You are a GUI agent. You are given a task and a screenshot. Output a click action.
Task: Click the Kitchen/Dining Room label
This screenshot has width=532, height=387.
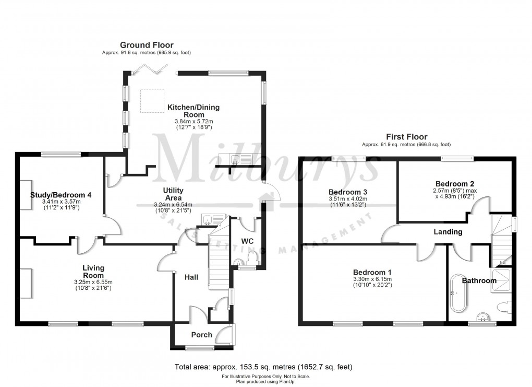[x=194, y=111]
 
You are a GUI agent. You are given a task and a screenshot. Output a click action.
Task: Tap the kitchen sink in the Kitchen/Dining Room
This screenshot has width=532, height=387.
[x=241, y=160]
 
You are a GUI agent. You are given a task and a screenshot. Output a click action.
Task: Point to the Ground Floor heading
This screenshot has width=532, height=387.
[x=147, y=45]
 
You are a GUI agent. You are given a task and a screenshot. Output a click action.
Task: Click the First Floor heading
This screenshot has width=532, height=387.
[x=407, y=136]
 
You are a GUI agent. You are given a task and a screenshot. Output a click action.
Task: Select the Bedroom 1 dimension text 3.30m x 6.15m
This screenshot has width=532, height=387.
[x=372, y=279]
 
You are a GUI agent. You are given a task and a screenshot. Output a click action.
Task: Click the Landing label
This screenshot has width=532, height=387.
[x=448, y=231]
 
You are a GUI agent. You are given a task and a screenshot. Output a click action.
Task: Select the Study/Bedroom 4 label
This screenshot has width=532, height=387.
[x=61, y=195]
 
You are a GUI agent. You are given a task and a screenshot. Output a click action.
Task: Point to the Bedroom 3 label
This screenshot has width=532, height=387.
[x=348, y=191]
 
